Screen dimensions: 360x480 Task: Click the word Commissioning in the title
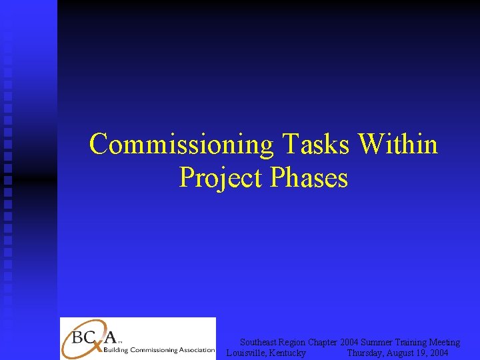[x=182, y=144]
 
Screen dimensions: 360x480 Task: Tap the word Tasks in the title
[x=317, y=144]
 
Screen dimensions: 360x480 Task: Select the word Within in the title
[x=398, y=144]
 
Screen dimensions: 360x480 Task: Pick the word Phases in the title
[x=309, y=178]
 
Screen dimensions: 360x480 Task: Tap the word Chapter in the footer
[x=323, y=342]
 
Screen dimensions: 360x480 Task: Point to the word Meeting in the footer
[x=445, y=342]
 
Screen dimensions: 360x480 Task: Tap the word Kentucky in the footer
[x=287, y=353]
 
